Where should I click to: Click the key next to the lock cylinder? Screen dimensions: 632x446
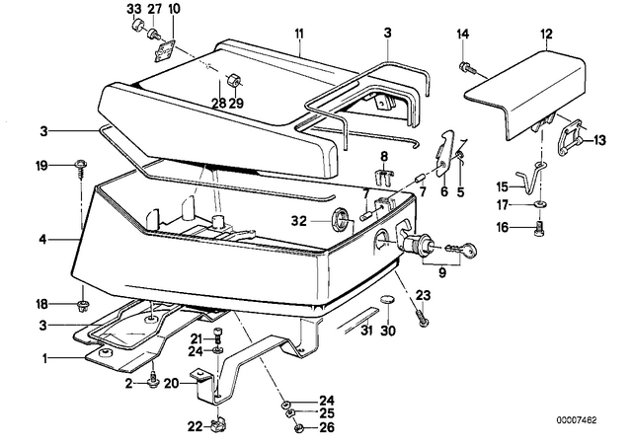click(462, 250)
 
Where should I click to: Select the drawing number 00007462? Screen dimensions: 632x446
click(577, 420)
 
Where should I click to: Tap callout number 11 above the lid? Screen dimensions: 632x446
click(298, 34)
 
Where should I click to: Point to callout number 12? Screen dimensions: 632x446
click(546, 34)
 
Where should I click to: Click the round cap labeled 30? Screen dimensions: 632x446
click(388, 300)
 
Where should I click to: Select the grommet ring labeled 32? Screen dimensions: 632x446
click(339, 220)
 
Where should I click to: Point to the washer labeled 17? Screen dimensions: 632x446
click(539, 205)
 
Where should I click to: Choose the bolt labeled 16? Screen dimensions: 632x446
click(540, 229)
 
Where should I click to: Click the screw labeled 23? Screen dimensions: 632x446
click(422, 317)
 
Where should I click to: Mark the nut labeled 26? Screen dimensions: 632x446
click(298, 428)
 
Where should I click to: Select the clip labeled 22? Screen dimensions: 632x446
click(217, 425)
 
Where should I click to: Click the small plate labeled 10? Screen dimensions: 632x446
click(166, 51)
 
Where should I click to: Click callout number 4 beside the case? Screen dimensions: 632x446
click(42, 240)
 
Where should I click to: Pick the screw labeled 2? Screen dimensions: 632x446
click(153, 382)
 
